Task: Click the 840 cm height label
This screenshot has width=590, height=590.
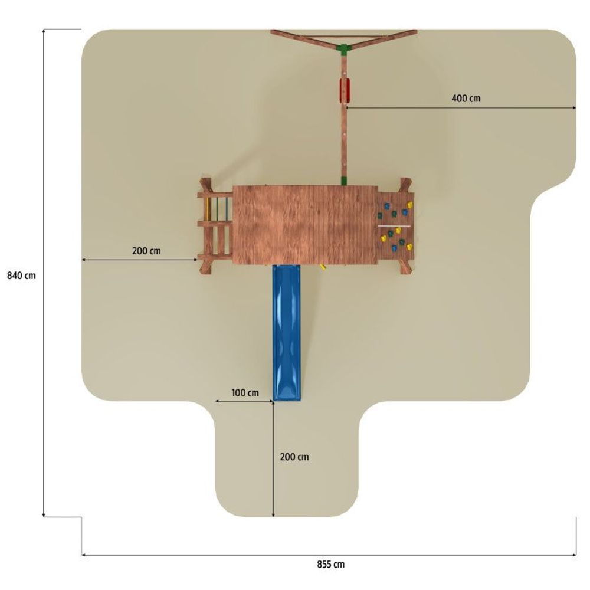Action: click(21, 276)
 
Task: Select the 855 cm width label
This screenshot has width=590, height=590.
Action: click(330, 565)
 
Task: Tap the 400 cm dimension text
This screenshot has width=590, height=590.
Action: click(466, 99)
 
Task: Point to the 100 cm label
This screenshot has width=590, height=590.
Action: click(245, 393)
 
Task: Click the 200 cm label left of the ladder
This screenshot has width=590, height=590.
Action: click(146, 251)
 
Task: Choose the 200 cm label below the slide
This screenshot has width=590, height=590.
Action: click(294, 457)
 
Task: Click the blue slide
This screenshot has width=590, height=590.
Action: click(287, 333)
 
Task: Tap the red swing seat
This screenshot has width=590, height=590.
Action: click(345, 90)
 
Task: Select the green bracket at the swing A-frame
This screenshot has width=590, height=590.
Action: click(343, 50)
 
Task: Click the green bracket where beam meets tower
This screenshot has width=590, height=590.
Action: click(344, 181)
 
